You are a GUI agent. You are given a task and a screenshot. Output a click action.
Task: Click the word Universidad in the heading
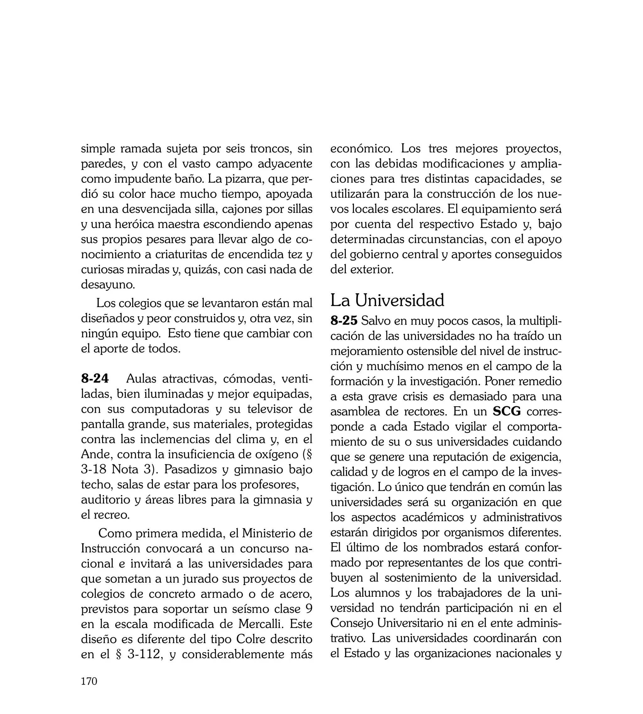pyautogui.click(x=400, y=301)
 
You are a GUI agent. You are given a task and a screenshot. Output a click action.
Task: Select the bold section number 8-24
pyautogui.click(x=95, y=379)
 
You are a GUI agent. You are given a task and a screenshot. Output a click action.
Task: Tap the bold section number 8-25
pyautogui.click(x=344, y=321)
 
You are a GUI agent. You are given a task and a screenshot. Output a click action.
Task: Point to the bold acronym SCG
pyautogui.click(x=507, y=412)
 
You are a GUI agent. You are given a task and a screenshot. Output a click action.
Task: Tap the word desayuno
pyautogui.click(x=108, y=285)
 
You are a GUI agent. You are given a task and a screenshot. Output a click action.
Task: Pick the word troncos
pyautogui.click(x=270, y=149)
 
